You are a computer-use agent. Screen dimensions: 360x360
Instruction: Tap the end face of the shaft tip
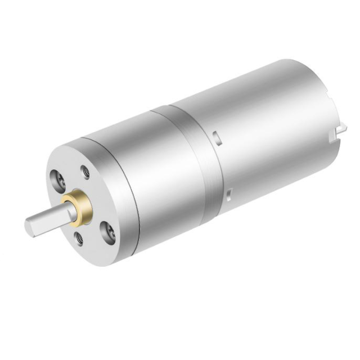(28, 226)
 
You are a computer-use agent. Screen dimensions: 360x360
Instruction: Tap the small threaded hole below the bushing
(79, 238)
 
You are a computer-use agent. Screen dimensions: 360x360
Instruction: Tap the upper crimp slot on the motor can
(215, 136)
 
